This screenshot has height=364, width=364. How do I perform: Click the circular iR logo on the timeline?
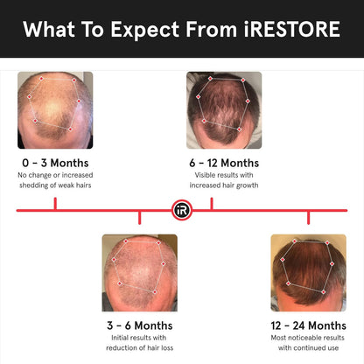pos(182,210)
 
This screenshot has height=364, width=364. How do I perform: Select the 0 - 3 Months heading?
pos(55,163)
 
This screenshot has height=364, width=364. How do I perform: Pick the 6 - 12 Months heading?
pos(224,163)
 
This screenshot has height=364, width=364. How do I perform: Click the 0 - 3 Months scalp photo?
pos(55,109)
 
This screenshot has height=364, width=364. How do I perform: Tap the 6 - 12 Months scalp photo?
pos(224,109)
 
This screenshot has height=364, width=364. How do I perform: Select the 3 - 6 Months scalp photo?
pos(140,273)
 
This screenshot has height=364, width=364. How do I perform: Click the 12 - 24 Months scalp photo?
pos(308,273)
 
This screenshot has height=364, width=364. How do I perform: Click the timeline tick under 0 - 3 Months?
pos(55,204)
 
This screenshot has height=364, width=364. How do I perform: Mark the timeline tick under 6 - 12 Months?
pos(213,204)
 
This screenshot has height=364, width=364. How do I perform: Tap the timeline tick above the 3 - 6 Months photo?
pos(140,216)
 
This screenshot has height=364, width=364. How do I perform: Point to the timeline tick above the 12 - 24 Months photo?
pos(308,216)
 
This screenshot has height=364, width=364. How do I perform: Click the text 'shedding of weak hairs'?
pos(55,185)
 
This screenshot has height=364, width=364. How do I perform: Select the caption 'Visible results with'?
pos(224,174)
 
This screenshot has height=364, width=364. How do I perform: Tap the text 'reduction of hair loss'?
pos(140,348)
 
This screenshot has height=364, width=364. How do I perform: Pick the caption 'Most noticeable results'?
pos(308,338)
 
